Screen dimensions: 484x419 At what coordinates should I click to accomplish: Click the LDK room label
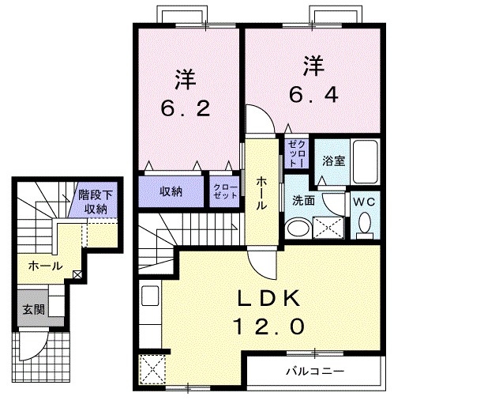[x=268, y=299]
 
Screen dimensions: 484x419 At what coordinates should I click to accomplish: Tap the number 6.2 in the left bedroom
[x=186, y=108]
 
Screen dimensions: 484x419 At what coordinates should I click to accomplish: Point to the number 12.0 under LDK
[x=269, y=327]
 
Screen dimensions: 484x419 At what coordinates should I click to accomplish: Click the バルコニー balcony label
[x=314, y=371]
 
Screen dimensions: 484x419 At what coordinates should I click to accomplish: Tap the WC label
[x=364, y=202]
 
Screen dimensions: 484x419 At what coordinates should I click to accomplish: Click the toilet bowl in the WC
[x=365, y=222]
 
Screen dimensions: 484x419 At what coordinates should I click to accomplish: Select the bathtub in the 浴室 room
[x=366, y=161]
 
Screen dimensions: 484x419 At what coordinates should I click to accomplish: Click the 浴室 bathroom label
[x=333, y=161]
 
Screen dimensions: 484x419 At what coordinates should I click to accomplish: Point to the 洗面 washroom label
[x=303, y=201]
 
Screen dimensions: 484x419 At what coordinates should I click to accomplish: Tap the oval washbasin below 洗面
[x=298, y=228]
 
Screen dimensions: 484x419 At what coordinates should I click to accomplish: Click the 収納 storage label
[x=171, y=192]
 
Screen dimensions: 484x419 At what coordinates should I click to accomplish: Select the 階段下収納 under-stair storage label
[x=96, y=202]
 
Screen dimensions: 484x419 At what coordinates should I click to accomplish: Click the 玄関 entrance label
[x=34, y=309]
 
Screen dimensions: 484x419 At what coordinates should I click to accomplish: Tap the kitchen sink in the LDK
[x=150, y=296]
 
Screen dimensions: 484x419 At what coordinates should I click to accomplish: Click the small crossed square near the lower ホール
[x=77, y=274]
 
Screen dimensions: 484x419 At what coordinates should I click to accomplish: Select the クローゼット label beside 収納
[x=225, y=191]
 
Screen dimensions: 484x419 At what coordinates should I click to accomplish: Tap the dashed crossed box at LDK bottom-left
[x=152, y=369]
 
